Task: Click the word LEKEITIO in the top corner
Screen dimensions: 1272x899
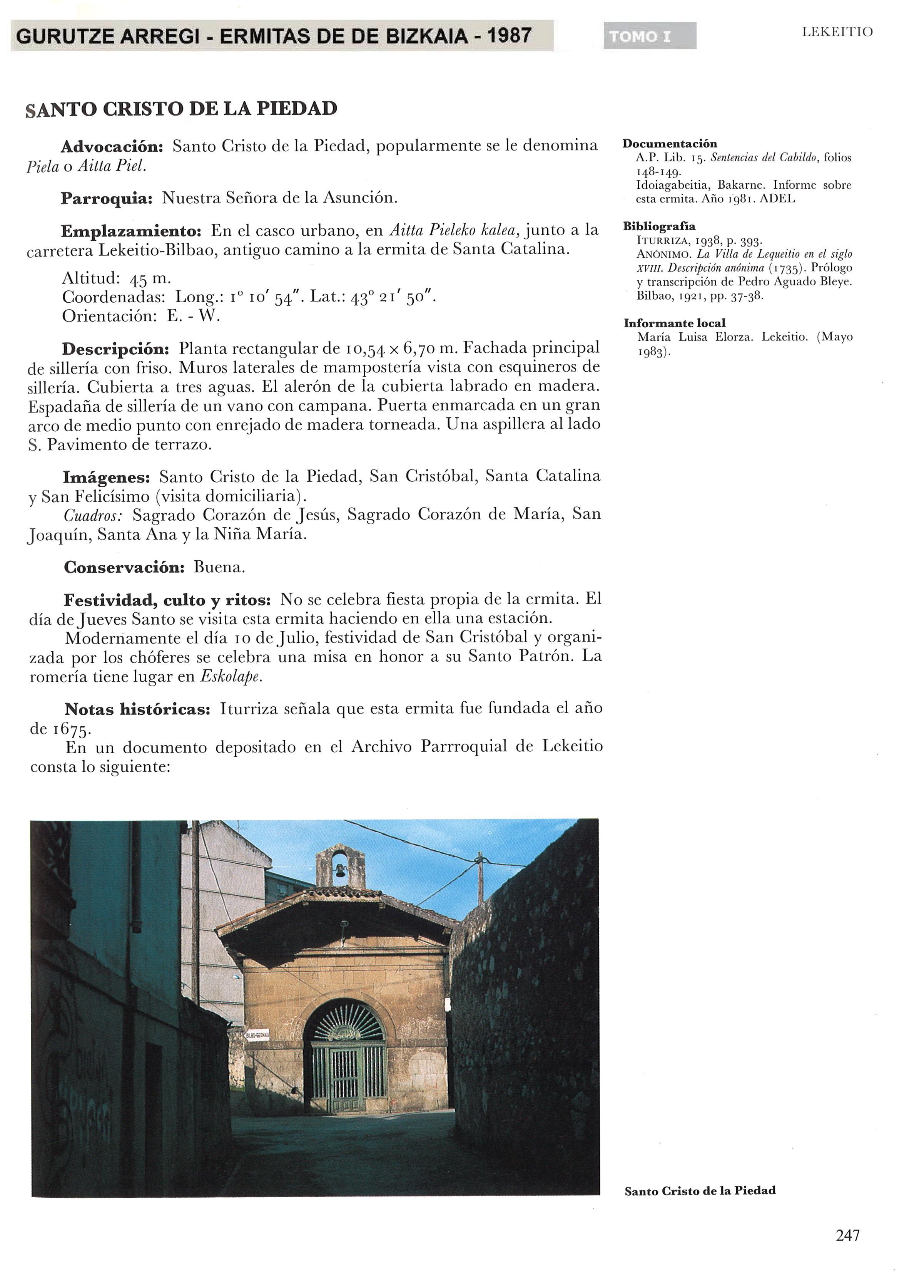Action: coord(837,32)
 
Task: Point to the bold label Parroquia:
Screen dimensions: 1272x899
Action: coord(106,198)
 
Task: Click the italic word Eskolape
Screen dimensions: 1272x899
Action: coord(231,677)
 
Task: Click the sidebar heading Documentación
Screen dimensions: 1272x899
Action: coord(669,144)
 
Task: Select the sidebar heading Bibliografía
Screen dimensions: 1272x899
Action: coord(659,226)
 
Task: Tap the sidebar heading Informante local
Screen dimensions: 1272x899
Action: coord(674,323)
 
